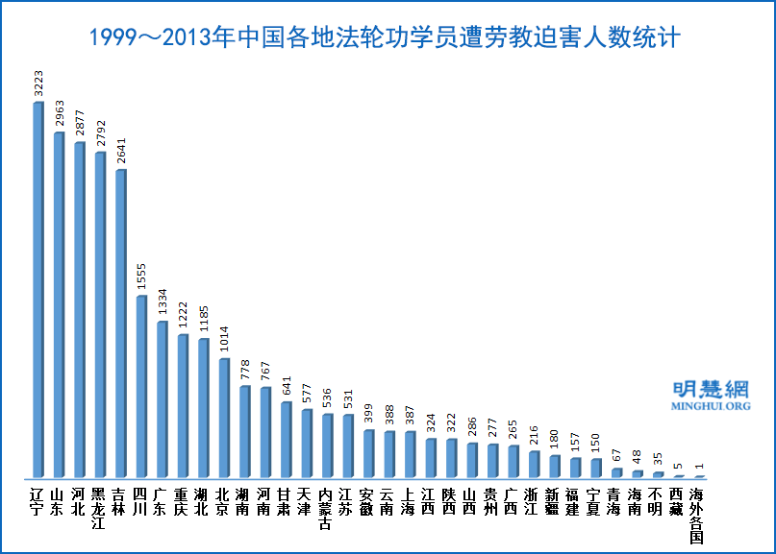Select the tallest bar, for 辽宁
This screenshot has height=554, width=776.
click(x=38, y=288)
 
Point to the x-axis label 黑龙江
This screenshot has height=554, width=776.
click(x=99, y=509)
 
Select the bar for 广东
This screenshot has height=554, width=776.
click(x=162, y=398)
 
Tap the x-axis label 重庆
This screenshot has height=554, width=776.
click(x=182, y=502)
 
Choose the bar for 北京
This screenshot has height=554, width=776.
click(x=224, y=418)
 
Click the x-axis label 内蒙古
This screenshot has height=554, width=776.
click(x=327, y=509)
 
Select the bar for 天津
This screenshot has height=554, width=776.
click(x=307, y=443)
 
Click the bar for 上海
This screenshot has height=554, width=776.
click(x=410, y=454)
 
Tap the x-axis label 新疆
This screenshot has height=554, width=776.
click(x=554, y=502)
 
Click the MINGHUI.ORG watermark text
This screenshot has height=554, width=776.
click(x=712, y=406)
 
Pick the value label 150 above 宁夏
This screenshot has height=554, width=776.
click(x=596, y=445)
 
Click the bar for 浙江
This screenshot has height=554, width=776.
click(x=534, y=464)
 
